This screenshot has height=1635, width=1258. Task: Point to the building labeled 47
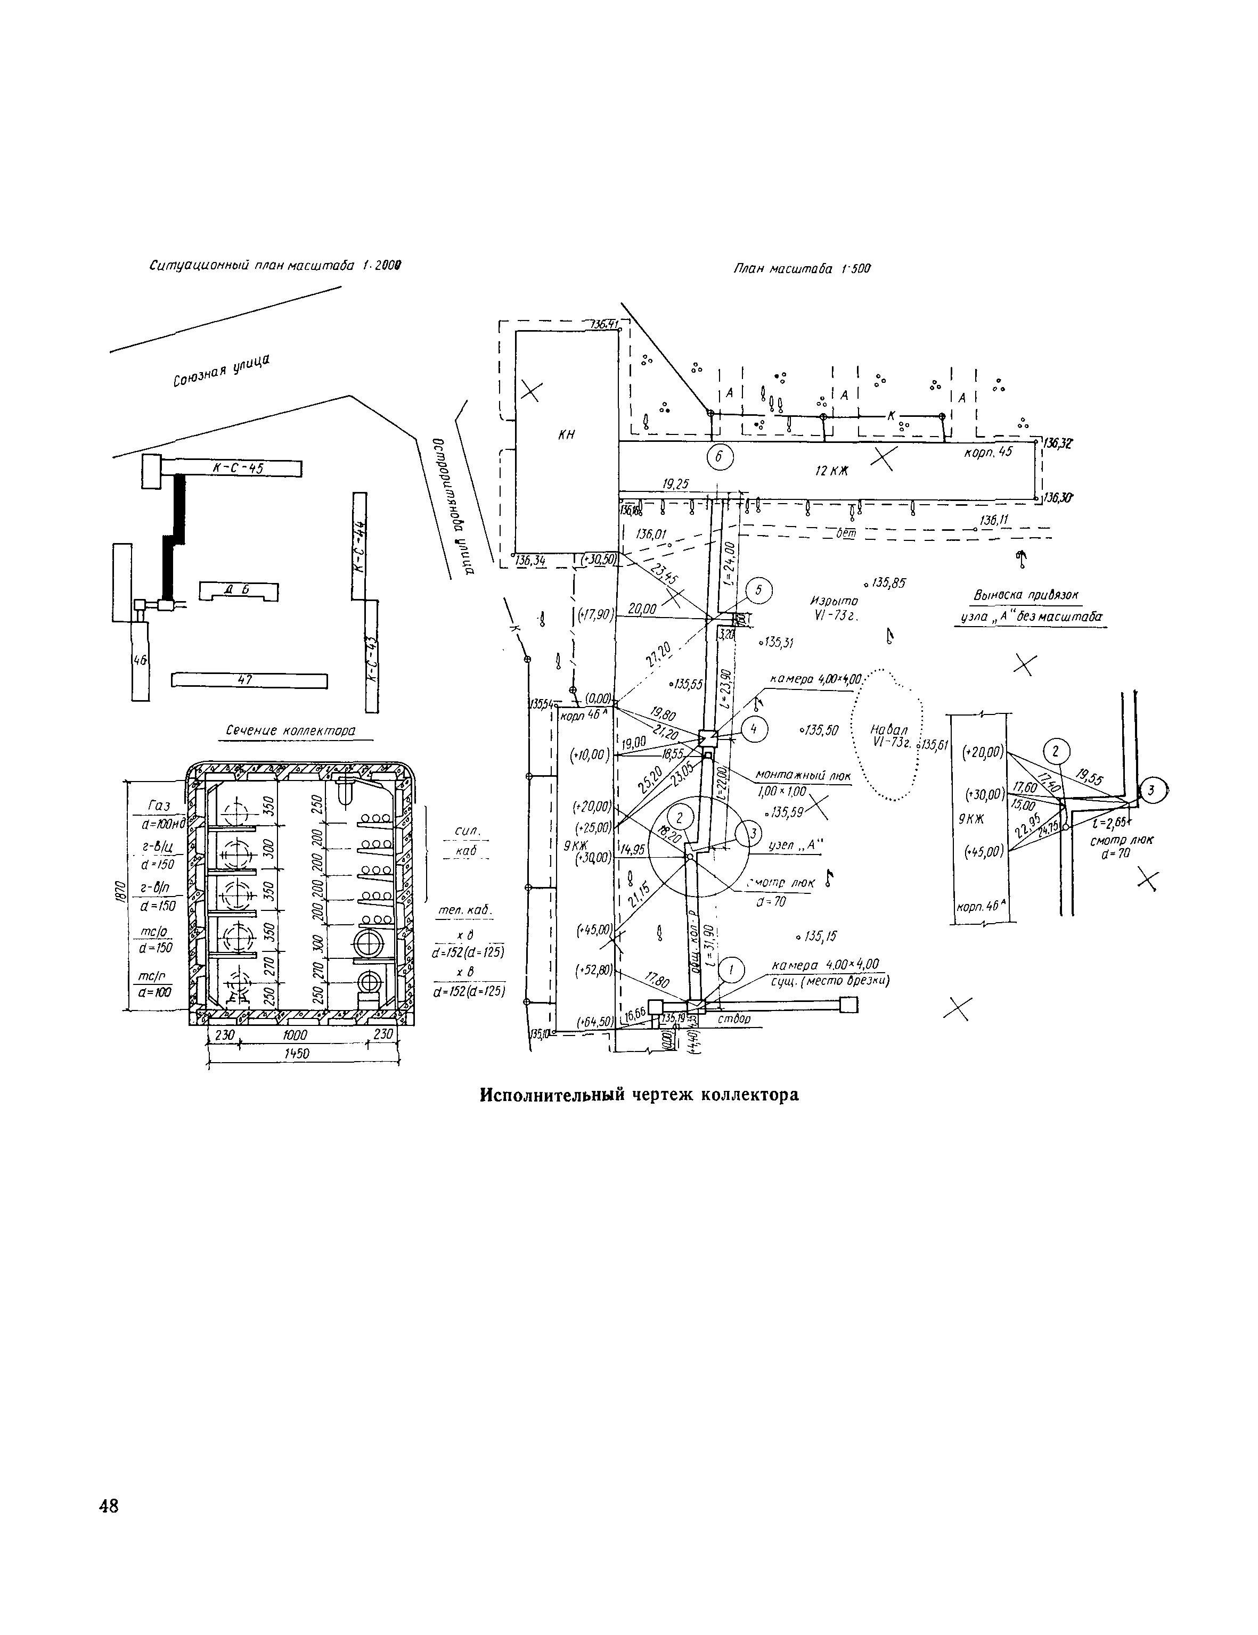[x=249, y=680]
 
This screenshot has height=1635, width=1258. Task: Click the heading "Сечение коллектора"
[x=291, y=730]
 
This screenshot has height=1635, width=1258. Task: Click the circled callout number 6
[x=720, y=456]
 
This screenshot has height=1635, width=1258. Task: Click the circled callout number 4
[x=754, y=728]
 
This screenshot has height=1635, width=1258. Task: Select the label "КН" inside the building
[x=567, y=435]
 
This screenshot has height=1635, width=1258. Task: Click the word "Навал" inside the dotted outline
[x=889, y=730]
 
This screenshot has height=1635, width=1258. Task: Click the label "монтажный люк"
[x=803, y=776]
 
